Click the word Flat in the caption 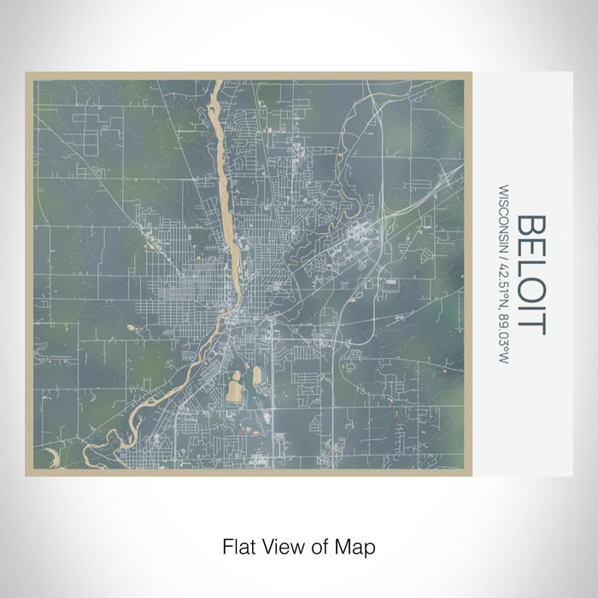coord(236,545)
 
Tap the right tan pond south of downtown coord(256,377)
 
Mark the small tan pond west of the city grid coord(130,327)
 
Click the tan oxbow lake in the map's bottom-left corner coord(49,456)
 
